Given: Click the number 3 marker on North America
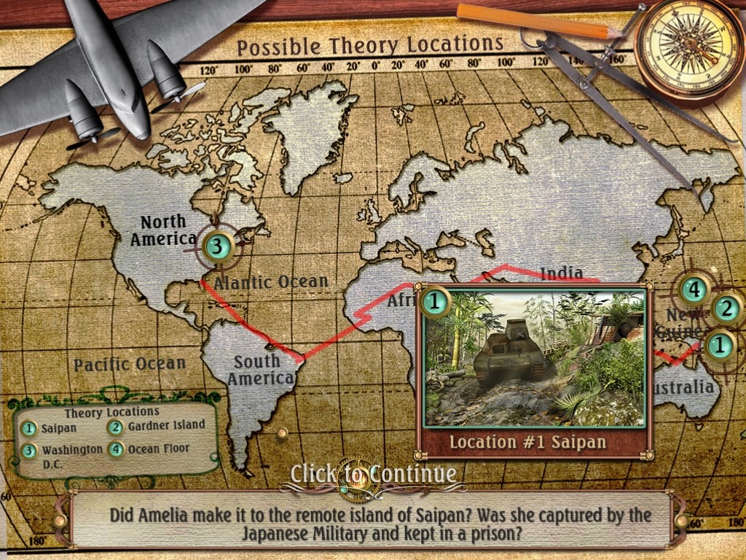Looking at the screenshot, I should tap(216, 246).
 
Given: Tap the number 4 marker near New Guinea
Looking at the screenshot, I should tap(694, 289).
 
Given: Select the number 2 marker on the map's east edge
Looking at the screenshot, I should tap(726, 309).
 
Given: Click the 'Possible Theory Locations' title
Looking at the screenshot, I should tap(370, 46).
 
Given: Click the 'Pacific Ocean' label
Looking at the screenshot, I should tap(130, 364).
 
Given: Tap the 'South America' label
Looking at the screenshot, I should tap(256, 370).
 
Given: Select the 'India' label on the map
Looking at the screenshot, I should tap(561, 273).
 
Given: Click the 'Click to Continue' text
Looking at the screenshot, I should tap(373, 474).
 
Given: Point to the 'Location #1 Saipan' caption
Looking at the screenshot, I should tap(528, 443).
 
